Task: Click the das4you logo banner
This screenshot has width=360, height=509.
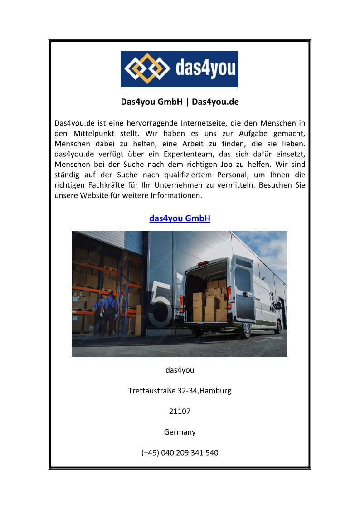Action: click(x=180, y=69)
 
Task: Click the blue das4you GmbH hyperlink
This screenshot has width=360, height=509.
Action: click(x=180, y=218)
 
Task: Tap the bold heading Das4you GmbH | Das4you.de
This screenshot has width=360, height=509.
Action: click(x=180, y=102)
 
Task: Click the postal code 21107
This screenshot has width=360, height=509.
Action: click(x=180, y=412)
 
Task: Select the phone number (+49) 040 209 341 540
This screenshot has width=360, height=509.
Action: click(x=180, y=452)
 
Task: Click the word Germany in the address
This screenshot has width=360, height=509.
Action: click(x=180, y=432)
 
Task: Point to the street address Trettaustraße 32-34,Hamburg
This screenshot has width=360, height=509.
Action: click(x=180, y=390)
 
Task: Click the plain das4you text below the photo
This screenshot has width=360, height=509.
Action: click(x=180, y=370)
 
